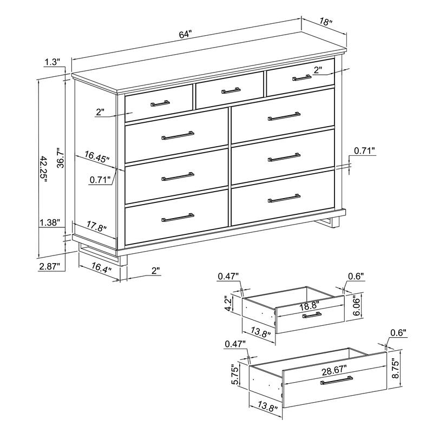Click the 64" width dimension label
coord(185,34)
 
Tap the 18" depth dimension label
coord(325,22)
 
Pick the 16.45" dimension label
coord(96,157)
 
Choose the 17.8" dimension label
coord(95,227)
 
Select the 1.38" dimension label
coord(49,222)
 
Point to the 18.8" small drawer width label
coord(310,306)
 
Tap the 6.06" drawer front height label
coord(357,309)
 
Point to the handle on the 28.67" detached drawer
coord(336,382)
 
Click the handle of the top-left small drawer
coord(160,103)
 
